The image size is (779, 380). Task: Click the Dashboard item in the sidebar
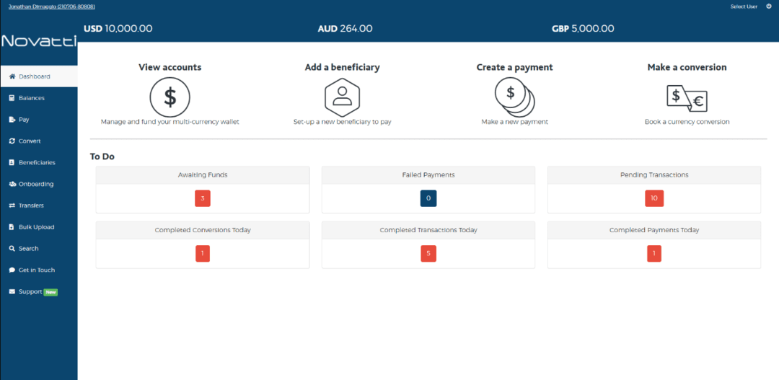34,76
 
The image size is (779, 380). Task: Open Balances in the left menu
31,98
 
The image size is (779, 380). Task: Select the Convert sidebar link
30,141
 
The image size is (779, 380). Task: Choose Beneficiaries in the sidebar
36,163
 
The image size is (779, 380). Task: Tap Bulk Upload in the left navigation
36,227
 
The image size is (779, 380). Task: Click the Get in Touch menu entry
36,270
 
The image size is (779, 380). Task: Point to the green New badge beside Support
50,292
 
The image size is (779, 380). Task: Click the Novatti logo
38,41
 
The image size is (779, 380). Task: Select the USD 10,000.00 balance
118,29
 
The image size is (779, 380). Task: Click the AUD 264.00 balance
345,29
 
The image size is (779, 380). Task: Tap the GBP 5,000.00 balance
582,29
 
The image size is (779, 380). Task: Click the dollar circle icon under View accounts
170,96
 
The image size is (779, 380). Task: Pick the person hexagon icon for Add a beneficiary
342,96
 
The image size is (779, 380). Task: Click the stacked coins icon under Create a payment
514,96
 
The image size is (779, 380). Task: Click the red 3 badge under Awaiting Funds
203,198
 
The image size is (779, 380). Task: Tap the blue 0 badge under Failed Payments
428,198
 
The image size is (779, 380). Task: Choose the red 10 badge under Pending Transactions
654,198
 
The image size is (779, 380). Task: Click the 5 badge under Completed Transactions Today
428,254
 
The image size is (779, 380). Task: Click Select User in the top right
744,6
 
